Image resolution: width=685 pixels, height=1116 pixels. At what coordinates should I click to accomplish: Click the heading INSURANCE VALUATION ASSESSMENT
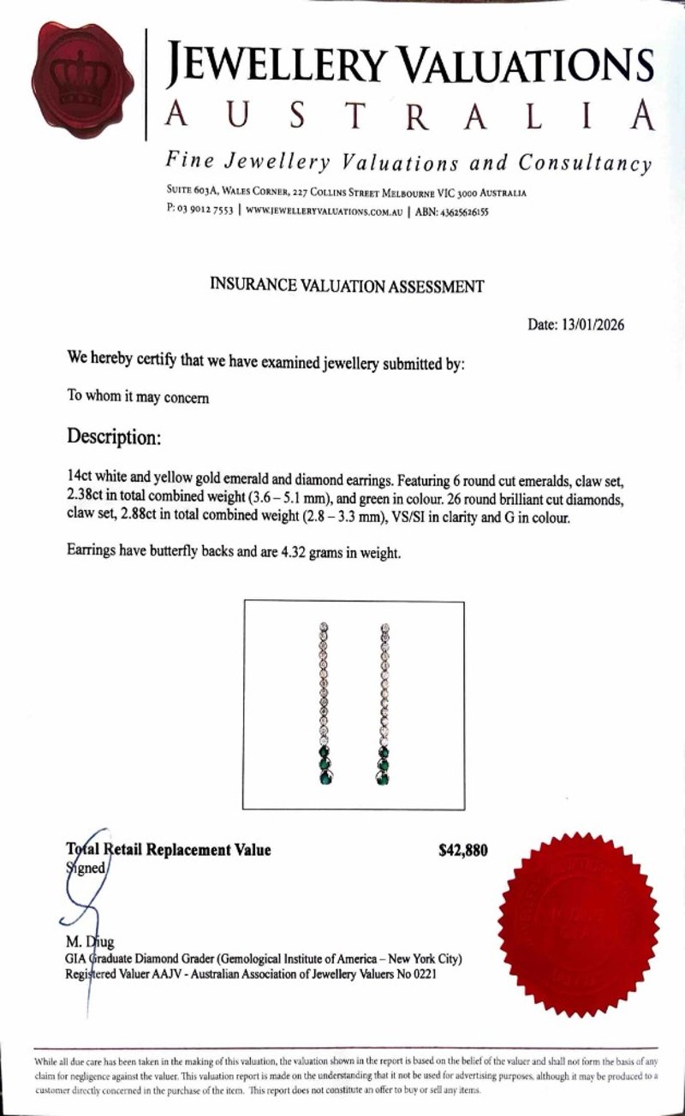pos(346,286)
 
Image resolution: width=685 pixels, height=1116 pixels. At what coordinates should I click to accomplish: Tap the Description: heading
pos(114,436)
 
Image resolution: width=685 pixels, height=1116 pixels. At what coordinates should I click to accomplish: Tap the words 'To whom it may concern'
pos(138,397)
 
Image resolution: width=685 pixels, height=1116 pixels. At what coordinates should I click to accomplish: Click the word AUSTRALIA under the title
pos(411,116)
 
